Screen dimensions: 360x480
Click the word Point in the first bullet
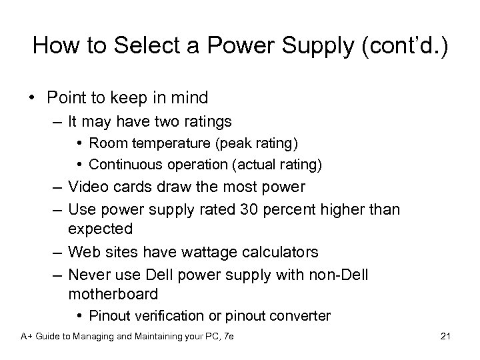tap(66, 98)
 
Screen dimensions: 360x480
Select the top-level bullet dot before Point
tap(32, 98)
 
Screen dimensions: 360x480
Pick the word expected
tap(101, 229)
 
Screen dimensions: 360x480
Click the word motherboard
tap(113, 293)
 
